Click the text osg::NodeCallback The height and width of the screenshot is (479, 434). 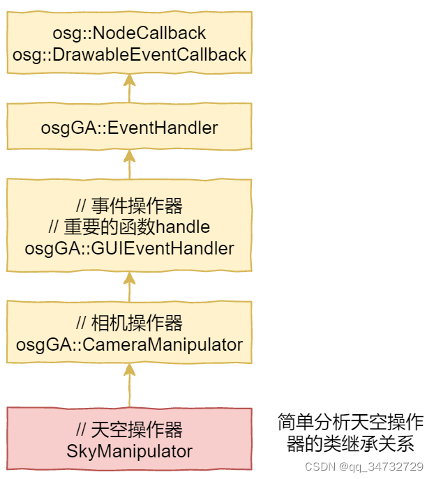129,33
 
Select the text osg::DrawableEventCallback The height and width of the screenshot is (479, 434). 129,54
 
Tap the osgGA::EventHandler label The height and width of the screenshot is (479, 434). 129,128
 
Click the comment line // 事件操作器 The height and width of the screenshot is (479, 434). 129,206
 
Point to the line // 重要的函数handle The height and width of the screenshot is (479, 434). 129,227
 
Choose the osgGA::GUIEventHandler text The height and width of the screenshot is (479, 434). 129,248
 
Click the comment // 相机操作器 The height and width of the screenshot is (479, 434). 129,323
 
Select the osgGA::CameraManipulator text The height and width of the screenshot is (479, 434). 129,344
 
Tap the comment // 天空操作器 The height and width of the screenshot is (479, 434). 129,429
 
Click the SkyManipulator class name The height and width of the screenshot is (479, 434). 129,450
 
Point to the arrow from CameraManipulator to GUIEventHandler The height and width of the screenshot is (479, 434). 129,286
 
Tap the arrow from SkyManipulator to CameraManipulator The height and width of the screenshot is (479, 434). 129,385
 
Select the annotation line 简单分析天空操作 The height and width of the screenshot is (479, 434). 350,423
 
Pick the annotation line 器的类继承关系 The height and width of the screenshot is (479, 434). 350,443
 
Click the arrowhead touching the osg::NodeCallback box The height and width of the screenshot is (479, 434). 129,78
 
